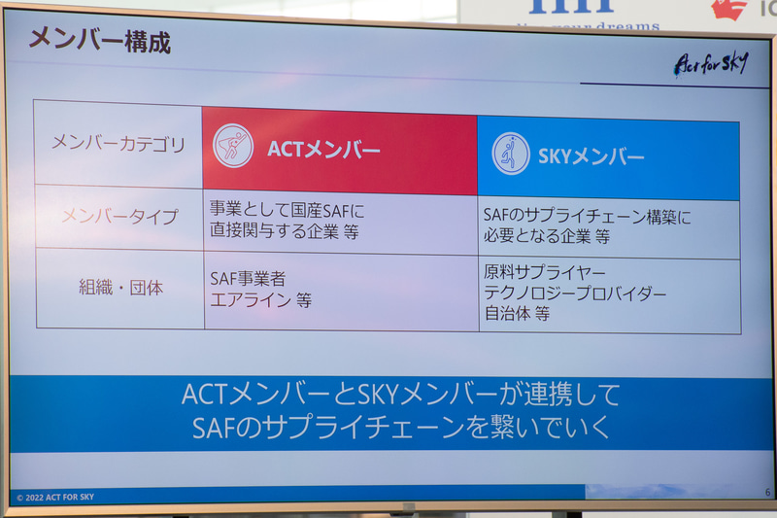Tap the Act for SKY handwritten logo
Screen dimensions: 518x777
(712, 64)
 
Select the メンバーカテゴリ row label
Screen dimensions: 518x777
(118, 145)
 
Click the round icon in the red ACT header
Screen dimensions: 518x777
(233, 147)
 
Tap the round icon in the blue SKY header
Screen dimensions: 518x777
(511, 154)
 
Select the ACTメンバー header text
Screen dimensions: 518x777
(323, 150)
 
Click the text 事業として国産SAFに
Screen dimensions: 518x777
(287, 208)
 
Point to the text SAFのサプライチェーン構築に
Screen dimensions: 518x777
(588, 217)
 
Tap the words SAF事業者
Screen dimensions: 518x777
(248, 279)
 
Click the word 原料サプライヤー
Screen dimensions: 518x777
(544, 272)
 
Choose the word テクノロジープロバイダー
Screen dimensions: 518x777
(575, 294)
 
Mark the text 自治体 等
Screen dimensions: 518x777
(517, 314)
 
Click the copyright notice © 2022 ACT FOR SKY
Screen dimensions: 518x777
(55, 497)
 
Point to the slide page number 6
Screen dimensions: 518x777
(766, 493)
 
